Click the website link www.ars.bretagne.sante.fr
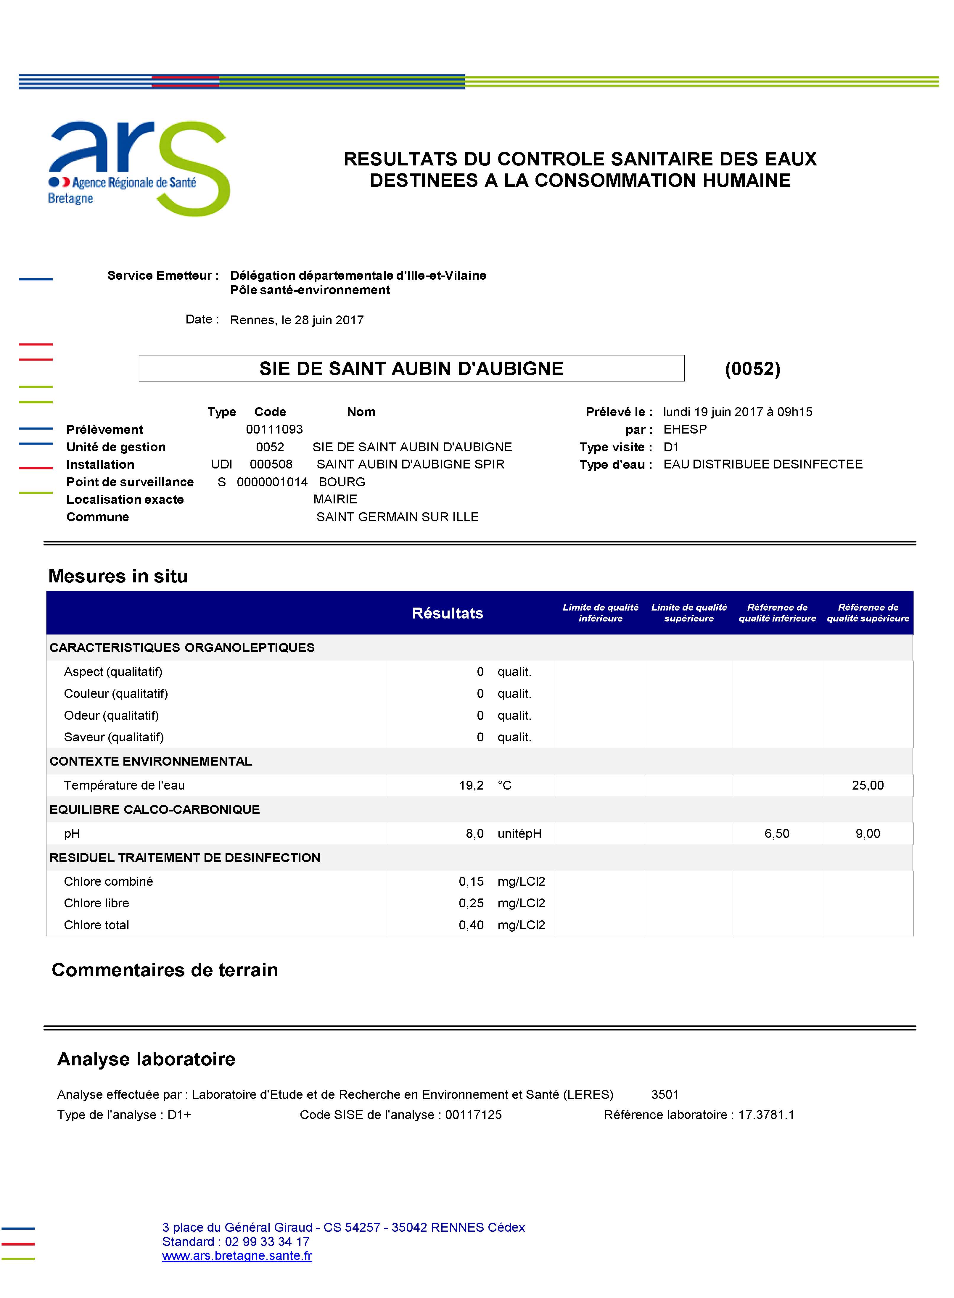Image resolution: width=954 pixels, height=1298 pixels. click(237, 1256)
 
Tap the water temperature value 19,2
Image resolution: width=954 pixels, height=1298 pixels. click(471, 785)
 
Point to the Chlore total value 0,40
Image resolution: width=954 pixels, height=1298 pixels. click(471, 925)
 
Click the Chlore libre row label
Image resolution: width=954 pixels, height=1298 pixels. click(96, 903)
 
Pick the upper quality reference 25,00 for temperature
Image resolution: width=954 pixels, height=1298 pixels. click(867, 785)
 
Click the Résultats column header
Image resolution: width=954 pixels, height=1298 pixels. click(448, 613)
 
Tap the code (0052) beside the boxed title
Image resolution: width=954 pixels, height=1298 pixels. click(752, 369)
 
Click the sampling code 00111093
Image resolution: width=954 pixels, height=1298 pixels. click(274, 430)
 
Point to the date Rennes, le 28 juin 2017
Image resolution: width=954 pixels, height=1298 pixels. click(297, 320)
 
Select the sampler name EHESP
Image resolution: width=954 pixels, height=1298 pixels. click(685, 430)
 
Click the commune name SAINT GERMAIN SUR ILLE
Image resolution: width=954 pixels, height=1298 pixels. click(397, 517)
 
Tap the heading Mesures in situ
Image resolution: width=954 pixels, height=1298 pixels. click(118, 576)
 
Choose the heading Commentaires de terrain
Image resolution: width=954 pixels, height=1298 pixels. click(165, 970)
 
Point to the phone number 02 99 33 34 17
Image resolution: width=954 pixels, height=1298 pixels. click(267, 1241)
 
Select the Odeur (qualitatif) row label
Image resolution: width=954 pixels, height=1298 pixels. click(112, 715)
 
